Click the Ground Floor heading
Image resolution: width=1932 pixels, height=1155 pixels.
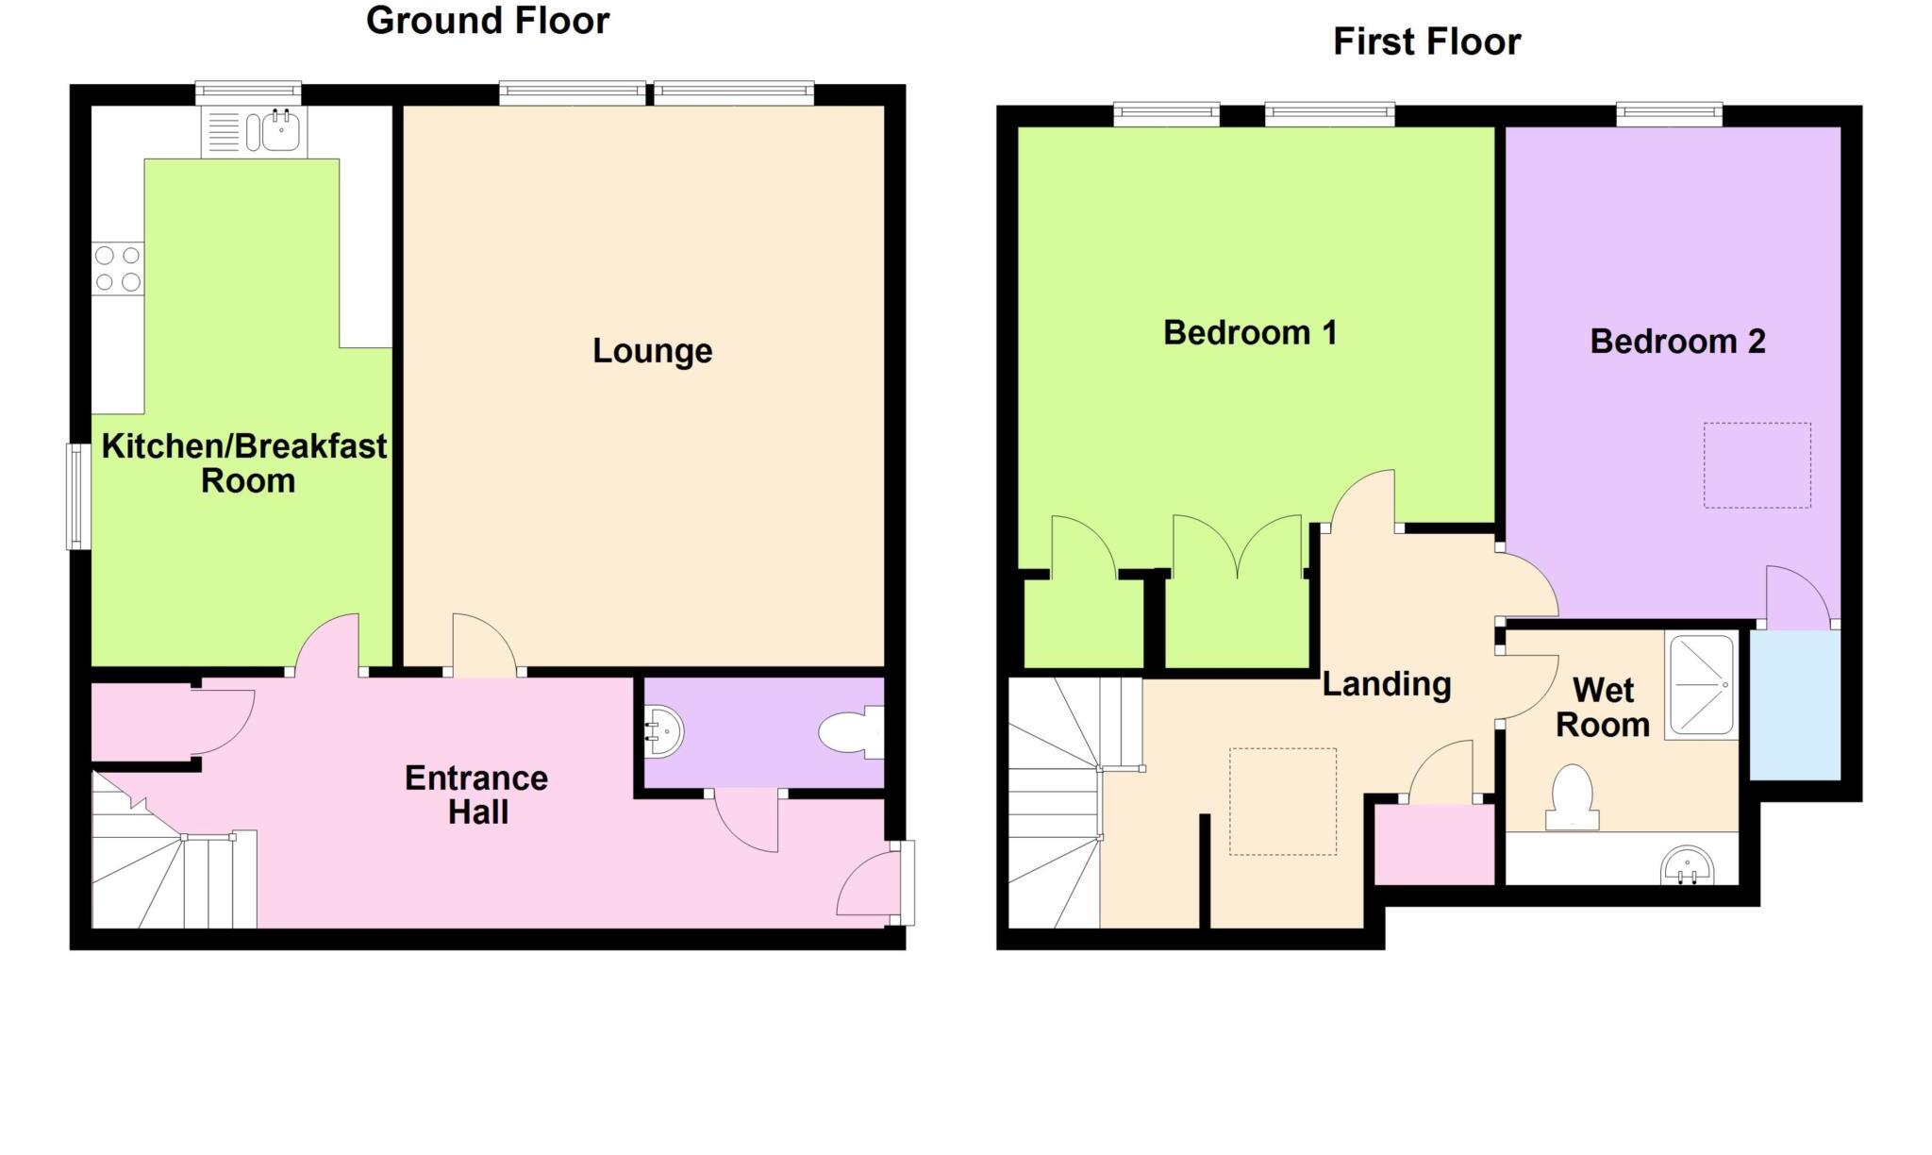tap(488, 21)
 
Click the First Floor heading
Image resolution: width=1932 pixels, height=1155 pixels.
tap(1426, 42)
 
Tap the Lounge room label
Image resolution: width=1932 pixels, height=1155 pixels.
tap(652, 351)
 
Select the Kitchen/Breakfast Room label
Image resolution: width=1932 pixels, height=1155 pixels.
tap(244, 463)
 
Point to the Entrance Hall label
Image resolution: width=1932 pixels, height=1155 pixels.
tap(476, 795)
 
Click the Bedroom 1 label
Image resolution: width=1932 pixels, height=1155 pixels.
tap(1250, 333)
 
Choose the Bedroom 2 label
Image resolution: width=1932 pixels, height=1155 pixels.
tap(1677, 342)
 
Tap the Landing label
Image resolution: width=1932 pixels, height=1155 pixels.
tap(1386, 684)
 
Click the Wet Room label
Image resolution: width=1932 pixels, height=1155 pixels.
tap(1603, 708)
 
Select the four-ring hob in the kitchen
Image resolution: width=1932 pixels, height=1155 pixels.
tap(118, 269)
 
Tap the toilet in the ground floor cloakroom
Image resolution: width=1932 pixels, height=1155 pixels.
tap(850, 733)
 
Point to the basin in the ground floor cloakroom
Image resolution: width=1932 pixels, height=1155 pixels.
tap(664, 731)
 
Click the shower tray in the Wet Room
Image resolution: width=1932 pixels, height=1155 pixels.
tap(1701, 685)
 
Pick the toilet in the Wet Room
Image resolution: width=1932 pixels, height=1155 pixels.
tap(1572, 797)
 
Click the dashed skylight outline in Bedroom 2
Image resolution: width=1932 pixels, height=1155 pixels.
tap(1757, 465)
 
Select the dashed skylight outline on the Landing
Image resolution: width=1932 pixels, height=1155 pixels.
tap(1282, 801)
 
